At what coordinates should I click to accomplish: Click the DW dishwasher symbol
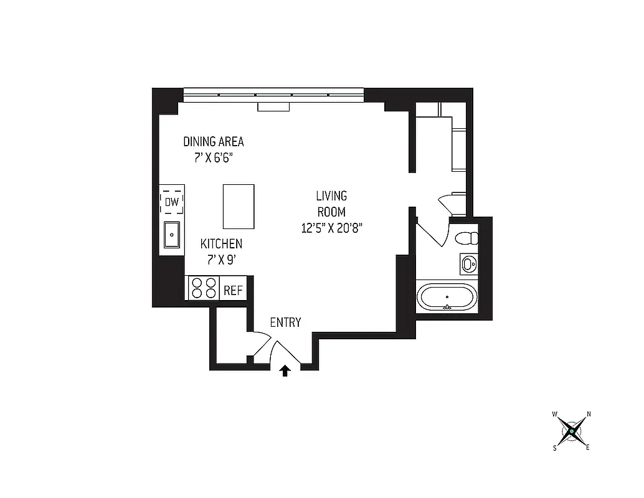(172, 202)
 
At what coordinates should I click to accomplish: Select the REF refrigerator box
(233, 290)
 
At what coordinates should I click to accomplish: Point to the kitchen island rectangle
(239, 207)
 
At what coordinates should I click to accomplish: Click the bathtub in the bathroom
(447, 296)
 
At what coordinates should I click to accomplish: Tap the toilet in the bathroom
(466, 238)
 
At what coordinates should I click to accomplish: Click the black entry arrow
(285, 371)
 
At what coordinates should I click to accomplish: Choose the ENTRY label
(285, 322)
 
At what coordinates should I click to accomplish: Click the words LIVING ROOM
(331, 204)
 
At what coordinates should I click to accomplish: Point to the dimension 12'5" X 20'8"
(331, 228)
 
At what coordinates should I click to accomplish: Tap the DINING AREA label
(214, 141)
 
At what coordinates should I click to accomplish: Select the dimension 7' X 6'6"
(214, 157)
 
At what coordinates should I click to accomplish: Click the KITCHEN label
(221, 243)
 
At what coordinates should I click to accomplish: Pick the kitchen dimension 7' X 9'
(221, 260)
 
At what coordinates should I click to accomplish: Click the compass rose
(571, 430)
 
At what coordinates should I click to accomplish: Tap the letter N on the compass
(589, 414)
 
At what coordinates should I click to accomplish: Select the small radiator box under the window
(273, 107)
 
